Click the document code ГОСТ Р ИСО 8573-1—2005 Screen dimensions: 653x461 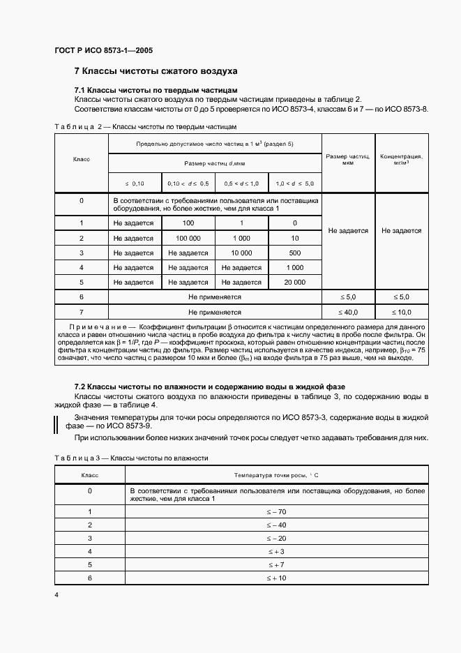(103, 51)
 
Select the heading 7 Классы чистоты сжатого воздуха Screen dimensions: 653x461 (156, 71)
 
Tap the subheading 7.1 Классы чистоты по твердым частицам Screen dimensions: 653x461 (156, 91)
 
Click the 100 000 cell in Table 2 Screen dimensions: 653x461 (188, 238)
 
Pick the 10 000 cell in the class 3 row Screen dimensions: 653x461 (241, 253)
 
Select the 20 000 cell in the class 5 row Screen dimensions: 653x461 (294, 282)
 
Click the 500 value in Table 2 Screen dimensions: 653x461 (294, 253)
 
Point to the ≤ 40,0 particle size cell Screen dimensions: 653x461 (347, 311)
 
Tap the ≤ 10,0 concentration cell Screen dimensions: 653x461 (400, 311)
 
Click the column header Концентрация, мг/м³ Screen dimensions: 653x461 (400, 159)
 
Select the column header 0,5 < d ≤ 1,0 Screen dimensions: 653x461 (241, 183)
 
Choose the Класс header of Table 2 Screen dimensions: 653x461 (81, 160)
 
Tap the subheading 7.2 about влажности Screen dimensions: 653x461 (209, 386)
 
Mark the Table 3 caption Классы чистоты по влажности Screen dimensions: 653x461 (160, 458)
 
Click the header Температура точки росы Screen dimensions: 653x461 (275, 474)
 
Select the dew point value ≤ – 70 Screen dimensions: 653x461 (276, 511)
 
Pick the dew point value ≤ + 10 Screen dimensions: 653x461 (276, 578)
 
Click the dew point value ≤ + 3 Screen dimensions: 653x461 (276, 551)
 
